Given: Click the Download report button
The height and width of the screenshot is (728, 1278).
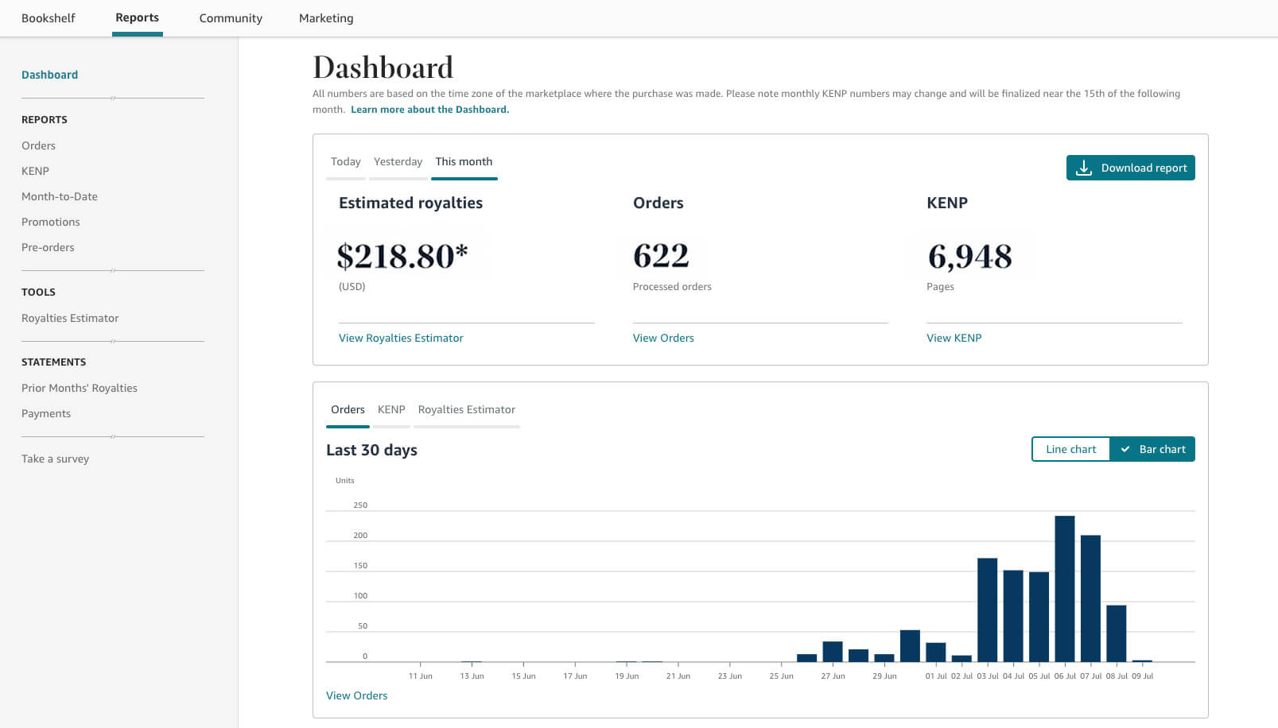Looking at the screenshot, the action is [x=1130, y=168].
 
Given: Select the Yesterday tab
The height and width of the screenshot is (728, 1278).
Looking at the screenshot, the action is [x=398, y=161].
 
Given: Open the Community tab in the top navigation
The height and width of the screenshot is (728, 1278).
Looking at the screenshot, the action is [x=231, y=18].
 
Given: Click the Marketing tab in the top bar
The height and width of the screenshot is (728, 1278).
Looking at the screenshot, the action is [x=326, y=18].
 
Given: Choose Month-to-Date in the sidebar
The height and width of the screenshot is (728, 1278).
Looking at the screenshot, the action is [x=60, y=196].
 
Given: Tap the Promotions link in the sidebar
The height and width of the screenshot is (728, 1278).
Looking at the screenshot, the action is [x=50, y=222].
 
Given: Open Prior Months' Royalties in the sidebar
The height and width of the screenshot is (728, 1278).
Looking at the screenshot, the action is [x=80, y=388].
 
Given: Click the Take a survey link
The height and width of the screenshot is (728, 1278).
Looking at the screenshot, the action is [x=55, y=459].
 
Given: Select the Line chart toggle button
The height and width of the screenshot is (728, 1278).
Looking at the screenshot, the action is [x=1070, y=449].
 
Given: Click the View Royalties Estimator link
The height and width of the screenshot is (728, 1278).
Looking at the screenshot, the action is [x=401, y=338].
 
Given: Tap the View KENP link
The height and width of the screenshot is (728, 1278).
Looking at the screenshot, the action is [x=954, y=338].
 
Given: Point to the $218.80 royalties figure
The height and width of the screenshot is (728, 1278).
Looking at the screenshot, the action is [x=402, y=256].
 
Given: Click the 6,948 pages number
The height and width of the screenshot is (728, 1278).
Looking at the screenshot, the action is [x=969, y=256].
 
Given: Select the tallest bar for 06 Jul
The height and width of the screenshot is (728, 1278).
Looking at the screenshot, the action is [x=1065, y=589].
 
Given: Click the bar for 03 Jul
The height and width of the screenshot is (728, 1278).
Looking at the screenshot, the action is [x=987, y=610].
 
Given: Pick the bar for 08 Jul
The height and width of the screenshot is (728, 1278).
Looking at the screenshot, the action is [x=1116, y=633].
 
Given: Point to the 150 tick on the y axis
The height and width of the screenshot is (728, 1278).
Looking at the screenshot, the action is [x=360, y=566].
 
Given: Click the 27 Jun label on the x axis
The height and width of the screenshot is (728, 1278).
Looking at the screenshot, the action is [x=833, y=676].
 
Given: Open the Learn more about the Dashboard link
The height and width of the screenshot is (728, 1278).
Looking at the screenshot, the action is [x=429, y=110].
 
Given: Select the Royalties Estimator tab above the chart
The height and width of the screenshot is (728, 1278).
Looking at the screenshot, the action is [x=466, y=409].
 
